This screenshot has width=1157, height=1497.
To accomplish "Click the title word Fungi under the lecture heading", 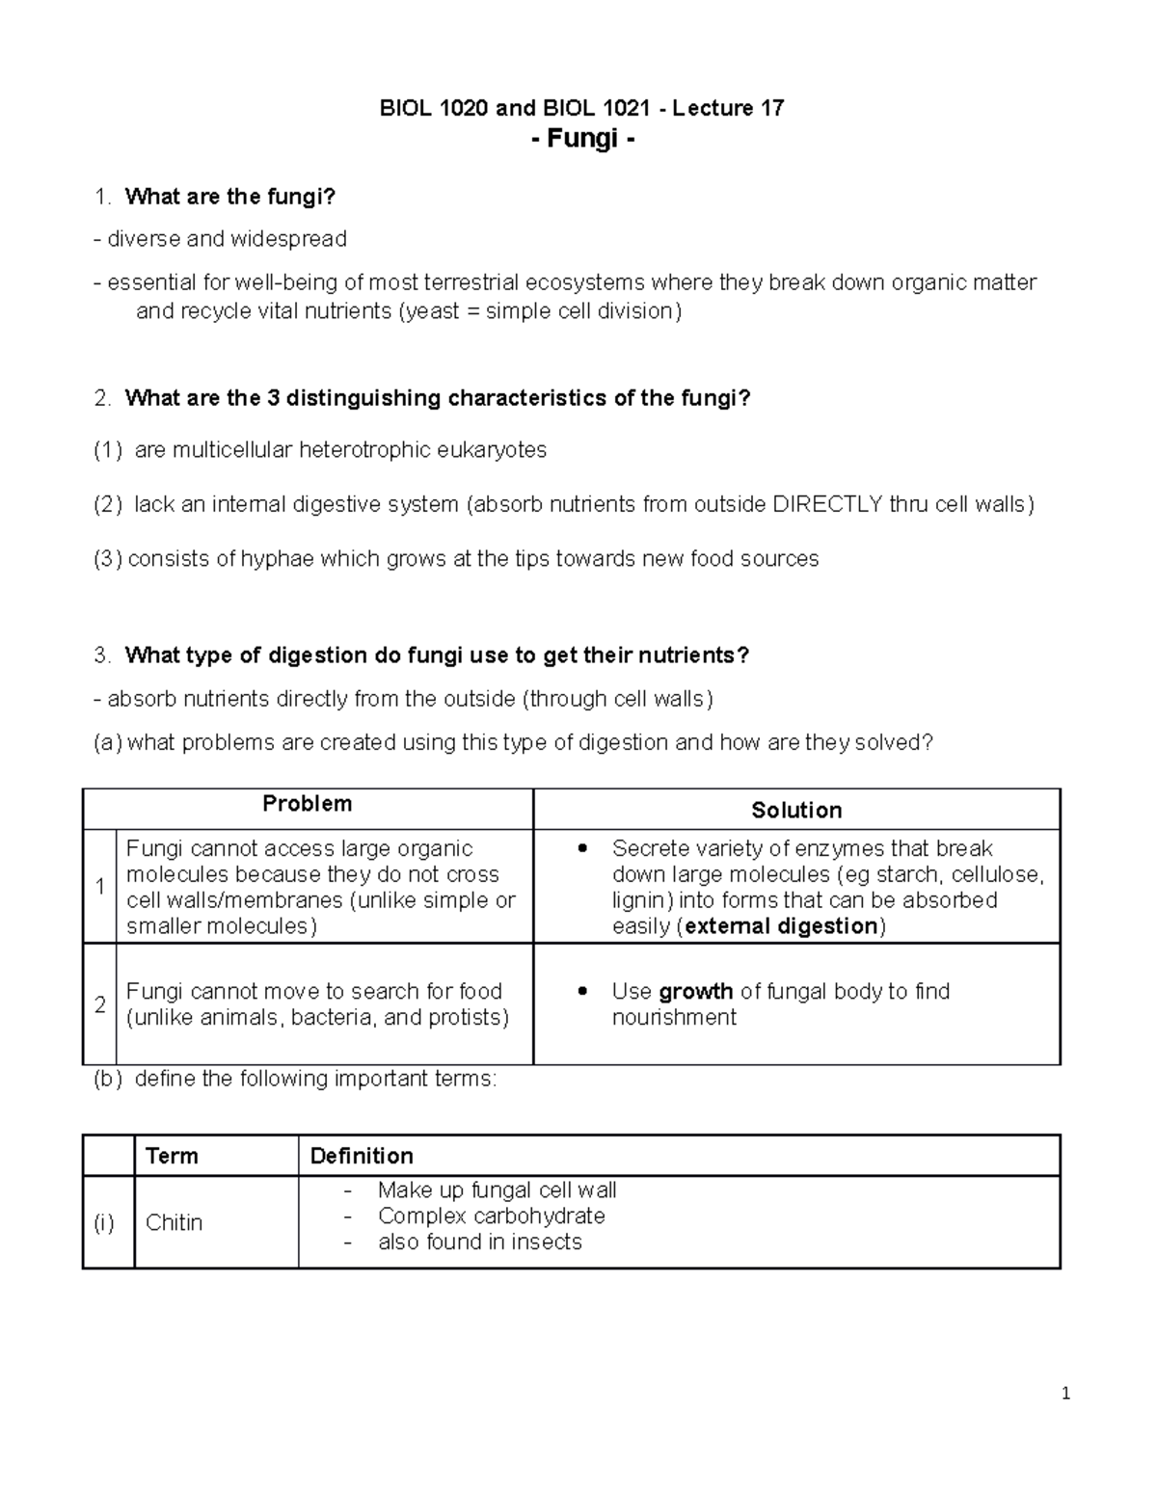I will [582, 139].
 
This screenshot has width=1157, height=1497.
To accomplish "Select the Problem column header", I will [307, 804].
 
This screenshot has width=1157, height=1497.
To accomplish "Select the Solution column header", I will [796, 810].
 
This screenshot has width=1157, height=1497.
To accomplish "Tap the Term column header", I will [172, 1156].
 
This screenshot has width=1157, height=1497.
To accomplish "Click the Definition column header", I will [362, 1156].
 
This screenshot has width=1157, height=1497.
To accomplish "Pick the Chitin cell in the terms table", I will [175, 1222].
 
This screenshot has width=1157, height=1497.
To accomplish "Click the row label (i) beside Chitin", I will [104, 1222].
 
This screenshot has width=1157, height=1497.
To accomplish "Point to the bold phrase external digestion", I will [781, 926].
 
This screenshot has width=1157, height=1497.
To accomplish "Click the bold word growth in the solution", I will [696, 991].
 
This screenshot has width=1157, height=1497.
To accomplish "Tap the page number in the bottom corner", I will [1065, 1393].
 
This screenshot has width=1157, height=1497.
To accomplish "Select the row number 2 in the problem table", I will [99, 1004].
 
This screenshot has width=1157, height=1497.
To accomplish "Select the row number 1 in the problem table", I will [99, 887].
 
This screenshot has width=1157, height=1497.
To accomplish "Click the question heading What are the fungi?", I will [229, 197].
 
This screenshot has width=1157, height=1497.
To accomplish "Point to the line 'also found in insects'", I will [479, 1242].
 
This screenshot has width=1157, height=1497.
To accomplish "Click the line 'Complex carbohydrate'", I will [491, 1216].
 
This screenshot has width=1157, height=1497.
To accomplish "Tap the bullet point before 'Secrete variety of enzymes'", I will [581, 849].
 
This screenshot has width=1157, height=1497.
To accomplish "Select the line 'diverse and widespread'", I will [227, 238].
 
